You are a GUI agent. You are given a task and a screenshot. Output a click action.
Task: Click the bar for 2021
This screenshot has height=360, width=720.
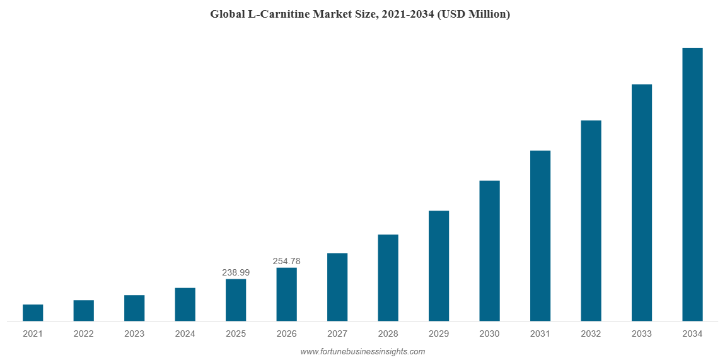tap(33, 313)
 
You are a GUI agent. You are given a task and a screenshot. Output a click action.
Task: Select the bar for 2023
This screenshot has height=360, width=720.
tap(134, 308)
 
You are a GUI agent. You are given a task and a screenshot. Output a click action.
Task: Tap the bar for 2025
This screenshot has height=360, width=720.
tap(236, 300)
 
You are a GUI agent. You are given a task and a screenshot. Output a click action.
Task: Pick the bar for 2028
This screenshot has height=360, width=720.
tap(388, 278)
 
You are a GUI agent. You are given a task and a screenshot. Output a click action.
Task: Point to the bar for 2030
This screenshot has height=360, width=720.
tap(489, 251)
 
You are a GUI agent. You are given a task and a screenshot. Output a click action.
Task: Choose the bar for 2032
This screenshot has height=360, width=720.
tap(591, 221)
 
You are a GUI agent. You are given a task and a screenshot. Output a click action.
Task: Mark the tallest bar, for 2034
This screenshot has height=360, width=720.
tap(692, 185)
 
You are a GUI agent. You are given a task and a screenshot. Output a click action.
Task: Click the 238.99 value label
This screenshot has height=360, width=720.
tap(236, 272)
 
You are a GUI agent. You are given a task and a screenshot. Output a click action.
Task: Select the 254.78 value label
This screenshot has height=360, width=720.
tap(286, 261)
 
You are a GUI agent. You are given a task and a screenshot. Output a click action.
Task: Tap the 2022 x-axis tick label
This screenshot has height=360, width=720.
tap(84, 334)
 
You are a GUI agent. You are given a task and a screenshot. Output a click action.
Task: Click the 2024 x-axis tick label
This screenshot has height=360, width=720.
tap(185, 334)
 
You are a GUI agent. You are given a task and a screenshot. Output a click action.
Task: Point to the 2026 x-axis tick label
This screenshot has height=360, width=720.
tap(286, 334)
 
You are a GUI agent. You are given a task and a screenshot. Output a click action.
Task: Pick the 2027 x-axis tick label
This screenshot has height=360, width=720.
tap(337, 334)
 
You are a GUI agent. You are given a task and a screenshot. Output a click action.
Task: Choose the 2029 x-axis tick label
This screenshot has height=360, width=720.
tap(439, 334)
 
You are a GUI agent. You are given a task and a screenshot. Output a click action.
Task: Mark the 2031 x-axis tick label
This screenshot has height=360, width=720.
tap(540, 334)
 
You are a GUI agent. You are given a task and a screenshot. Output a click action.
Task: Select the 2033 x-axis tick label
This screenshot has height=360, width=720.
tap(642, 334)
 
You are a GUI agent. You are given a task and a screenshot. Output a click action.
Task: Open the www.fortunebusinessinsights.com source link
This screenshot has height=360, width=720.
tap(363, 352)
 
